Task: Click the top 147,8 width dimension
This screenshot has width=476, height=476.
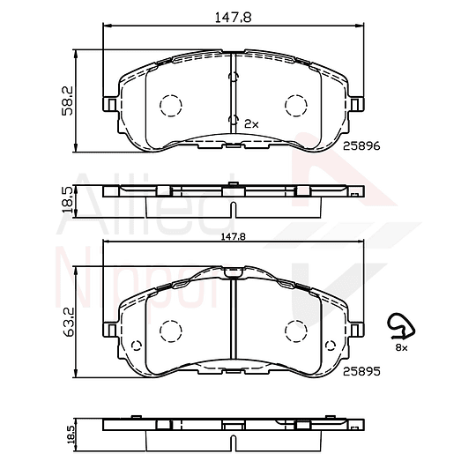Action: (x=233, y=18)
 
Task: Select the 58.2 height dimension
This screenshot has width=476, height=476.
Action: (x=67, y=100)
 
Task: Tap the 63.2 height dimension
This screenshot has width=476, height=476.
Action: (x=68, y=322)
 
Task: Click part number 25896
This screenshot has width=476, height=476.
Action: (x=361, y=146)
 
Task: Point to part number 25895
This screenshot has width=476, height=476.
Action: (x=361, y=371)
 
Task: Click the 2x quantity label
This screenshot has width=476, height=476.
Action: (x=251, y=124)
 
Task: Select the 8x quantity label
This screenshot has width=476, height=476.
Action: (x=401, y=348)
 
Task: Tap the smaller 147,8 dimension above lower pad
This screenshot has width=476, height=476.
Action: (x=233, y=236)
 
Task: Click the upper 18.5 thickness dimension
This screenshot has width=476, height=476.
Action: (x=67, y=200)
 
